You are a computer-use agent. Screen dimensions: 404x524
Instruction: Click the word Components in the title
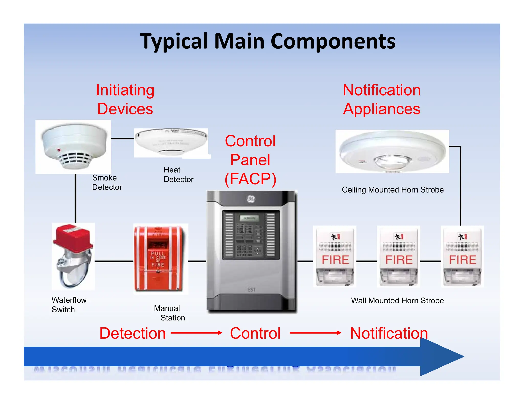(333, 41)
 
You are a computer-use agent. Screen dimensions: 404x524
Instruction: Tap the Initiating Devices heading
(125, 99)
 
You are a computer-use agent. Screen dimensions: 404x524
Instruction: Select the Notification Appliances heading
(381, 99)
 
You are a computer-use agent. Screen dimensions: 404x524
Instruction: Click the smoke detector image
(73, 147)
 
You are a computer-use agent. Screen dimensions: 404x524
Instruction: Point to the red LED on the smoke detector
(59, 150)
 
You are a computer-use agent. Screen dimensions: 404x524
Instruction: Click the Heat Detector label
(178, 175)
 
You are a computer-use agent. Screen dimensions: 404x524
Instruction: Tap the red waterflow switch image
(73, 256)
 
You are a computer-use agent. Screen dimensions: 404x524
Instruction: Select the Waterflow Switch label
(69, 305)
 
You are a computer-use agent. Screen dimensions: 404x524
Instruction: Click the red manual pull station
(159, 258)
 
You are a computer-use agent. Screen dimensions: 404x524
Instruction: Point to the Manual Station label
(169, 313)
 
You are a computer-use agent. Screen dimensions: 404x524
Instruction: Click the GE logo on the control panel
(251, 199)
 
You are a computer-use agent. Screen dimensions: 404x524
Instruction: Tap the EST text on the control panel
(252, 290)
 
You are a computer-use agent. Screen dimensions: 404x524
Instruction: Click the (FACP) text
(250, 179)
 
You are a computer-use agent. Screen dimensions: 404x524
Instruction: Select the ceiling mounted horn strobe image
(392, 152)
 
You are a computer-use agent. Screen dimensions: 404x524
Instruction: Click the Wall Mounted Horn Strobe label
(397, 301)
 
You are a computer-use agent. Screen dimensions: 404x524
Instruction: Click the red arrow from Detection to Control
(196, 333)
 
